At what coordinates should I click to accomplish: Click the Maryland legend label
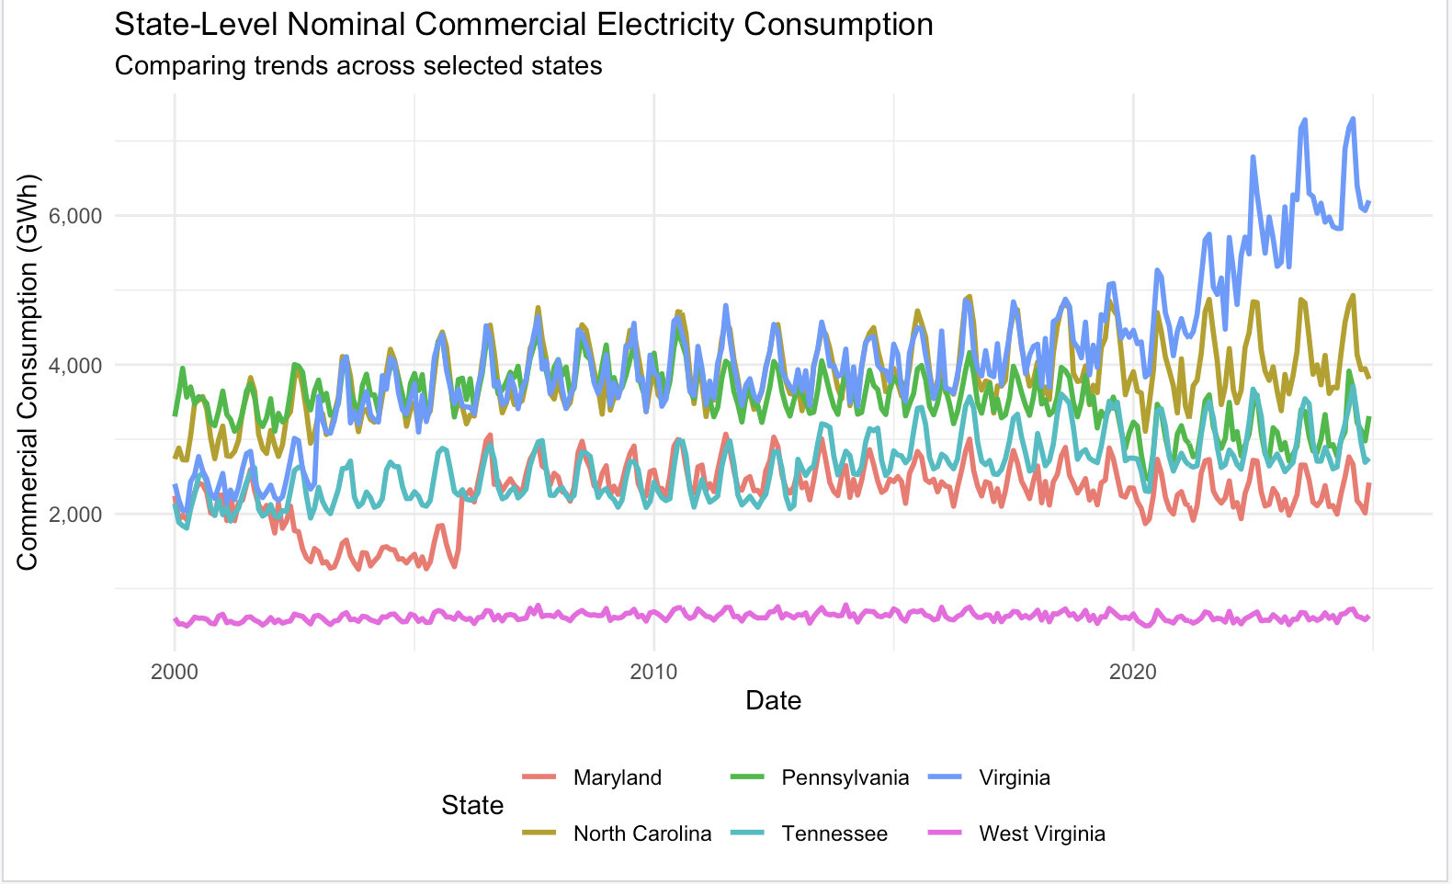(x=617, y=777)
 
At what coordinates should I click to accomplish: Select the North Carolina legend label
(x=641, y=833)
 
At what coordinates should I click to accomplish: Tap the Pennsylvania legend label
(x=845, y=777)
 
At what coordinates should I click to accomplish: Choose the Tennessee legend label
(x=834, y=833)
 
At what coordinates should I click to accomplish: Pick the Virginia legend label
(x=1014, y=777)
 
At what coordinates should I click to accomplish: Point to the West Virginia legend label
(x=1042, y=833)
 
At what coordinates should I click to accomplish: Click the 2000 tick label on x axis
(x=174, y=672)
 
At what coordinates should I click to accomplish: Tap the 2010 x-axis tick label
(x=653, y=672)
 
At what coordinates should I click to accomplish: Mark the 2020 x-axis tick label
(x=1132, y=672)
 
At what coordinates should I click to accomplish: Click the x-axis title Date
(x=773, y=701)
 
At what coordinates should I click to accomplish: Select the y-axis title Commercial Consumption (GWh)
(x=28, y=371)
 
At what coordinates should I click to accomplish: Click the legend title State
(x=472, y=806)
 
